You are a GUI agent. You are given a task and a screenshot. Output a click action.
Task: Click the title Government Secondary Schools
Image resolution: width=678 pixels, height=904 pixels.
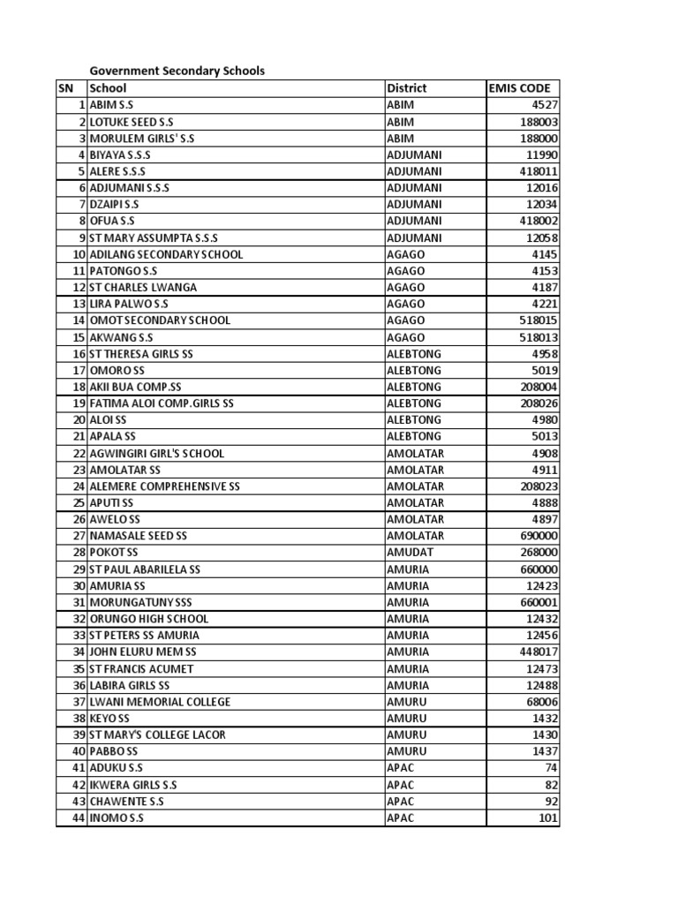coord(177,71)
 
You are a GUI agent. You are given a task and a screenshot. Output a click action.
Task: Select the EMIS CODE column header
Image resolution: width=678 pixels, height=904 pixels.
coord(519,87)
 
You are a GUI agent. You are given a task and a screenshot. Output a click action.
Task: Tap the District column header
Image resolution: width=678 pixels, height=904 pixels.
coord(407,87)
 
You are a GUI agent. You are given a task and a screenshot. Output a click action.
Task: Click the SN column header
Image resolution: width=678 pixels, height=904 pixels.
coord(65,87)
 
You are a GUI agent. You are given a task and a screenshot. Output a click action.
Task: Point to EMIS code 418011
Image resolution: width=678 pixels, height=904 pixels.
coord(536,171)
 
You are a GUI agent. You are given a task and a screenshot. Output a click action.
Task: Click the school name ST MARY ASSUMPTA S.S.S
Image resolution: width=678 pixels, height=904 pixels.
coord(154,237)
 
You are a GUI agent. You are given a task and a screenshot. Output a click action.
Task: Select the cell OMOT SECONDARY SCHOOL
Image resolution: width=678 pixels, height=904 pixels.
coord(160,320)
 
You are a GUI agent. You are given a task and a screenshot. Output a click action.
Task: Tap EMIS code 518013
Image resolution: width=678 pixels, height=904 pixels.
coord(536,337)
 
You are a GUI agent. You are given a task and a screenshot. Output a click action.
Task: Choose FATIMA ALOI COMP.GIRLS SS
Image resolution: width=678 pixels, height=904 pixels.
coord(162,403)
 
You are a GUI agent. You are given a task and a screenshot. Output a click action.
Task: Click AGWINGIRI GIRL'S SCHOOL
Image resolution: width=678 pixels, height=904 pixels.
coord(157,453)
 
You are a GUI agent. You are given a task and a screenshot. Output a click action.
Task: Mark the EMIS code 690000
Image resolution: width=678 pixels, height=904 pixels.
coord(536,536)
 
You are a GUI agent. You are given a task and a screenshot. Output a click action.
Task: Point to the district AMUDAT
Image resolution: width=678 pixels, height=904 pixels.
coord(409,553)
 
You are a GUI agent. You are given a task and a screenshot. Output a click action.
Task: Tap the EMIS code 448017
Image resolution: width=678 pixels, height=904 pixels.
coord(536,652)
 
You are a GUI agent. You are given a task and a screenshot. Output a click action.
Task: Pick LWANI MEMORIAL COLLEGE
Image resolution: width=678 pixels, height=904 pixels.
coord(160,702)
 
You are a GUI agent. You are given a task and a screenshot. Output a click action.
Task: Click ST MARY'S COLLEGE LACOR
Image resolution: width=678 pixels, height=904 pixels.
coord(157,734)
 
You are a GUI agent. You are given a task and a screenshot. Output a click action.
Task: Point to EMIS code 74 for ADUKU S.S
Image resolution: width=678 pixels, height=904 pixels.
coord(551,768)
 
